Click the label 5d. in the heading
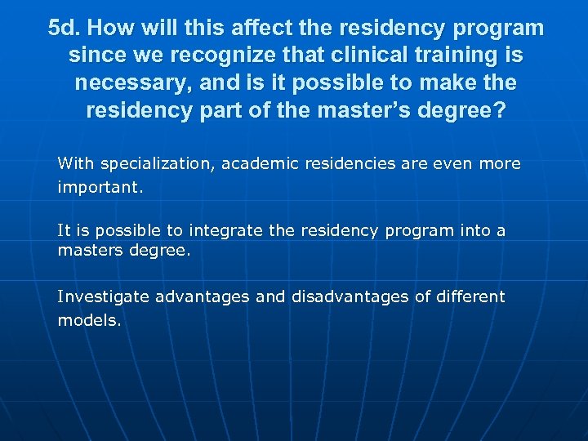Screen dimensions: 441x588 point(65,29)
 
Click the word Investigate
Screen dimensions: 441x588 point(103,296)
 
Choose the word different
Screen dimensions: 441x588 point(470,296)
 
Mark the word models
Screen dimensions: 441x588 point(88,320)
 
